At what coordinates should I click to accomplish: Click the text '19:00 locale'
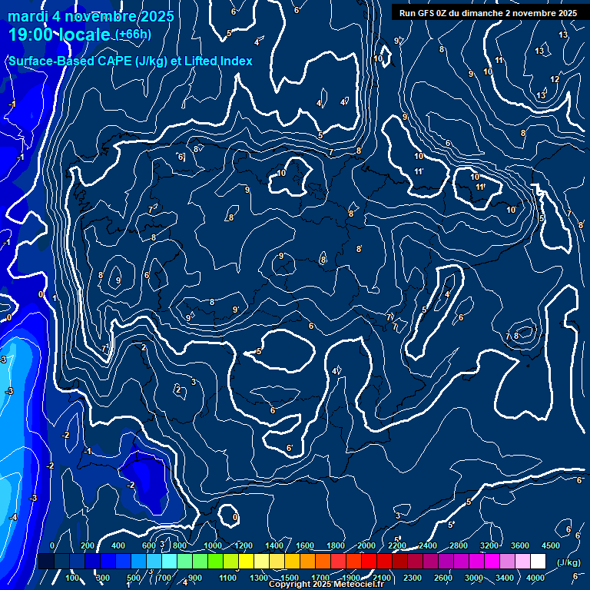(60, 35)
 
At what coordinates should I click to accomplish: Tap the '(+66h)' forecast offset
(134, 35)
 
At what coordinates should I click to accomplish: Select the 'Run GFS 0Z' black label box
(489, 13)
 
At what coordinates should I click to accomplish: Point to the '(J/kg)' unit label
(568, 562)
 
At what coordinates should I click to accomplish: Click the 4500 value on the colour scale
(551, 545)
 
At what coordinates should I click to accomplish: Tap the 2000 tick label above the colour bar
(366, 545)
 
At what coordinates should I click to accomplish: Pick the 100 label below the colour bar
(74, 578)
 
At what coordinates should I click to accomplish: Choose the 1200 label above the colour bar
(244, 545)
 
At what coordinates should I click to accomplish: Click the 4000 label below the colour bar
(535, 578)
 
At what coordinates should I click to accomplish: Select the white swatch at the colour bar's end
(538, 562)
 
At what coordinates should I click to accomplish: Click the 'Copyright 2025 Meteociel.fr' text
(326, 585)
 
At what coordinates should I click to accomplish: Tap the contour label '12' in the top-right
(555, 79)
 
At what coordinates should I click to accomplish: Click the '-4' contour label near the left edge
(13, 517)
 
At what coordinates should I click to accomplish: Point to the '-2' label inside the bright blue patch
(131, 485)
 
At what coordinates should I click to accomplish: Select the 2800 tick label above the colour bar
(459, 545)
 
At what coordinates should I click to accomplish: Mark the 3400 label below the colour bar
(505, 578)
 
